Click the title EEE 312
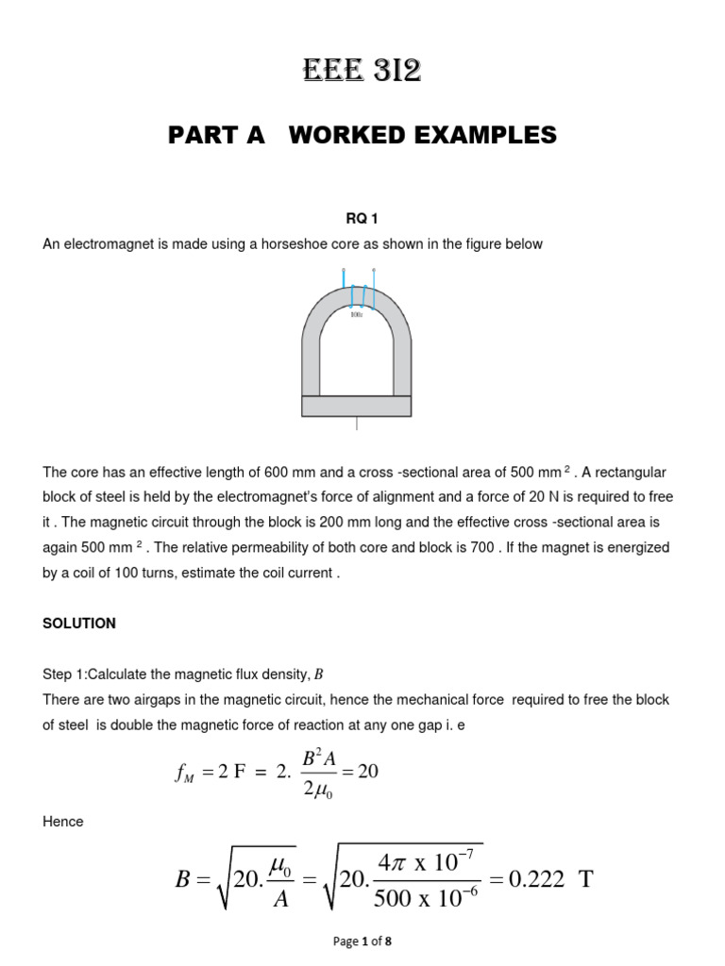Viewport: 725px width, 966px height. click(362, 70)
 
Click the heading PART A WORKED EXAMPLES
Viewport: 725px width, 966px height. click(362, 136)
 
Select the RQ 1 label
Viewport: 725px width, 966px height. click(362, 219)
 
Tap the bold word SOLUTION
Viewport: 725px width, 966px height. click(79, 624)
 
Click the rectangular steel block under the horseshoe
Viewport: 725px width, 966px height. click(356, 406)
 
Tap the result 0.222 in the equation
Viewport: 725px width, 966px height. click(535, 881)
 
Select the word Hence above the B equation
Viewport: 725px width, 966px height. click(63, 822)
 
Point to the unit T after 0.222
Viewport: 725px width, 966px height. click(585, 881)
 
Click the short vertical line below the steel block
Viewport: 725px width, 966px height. click(356, 424)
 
